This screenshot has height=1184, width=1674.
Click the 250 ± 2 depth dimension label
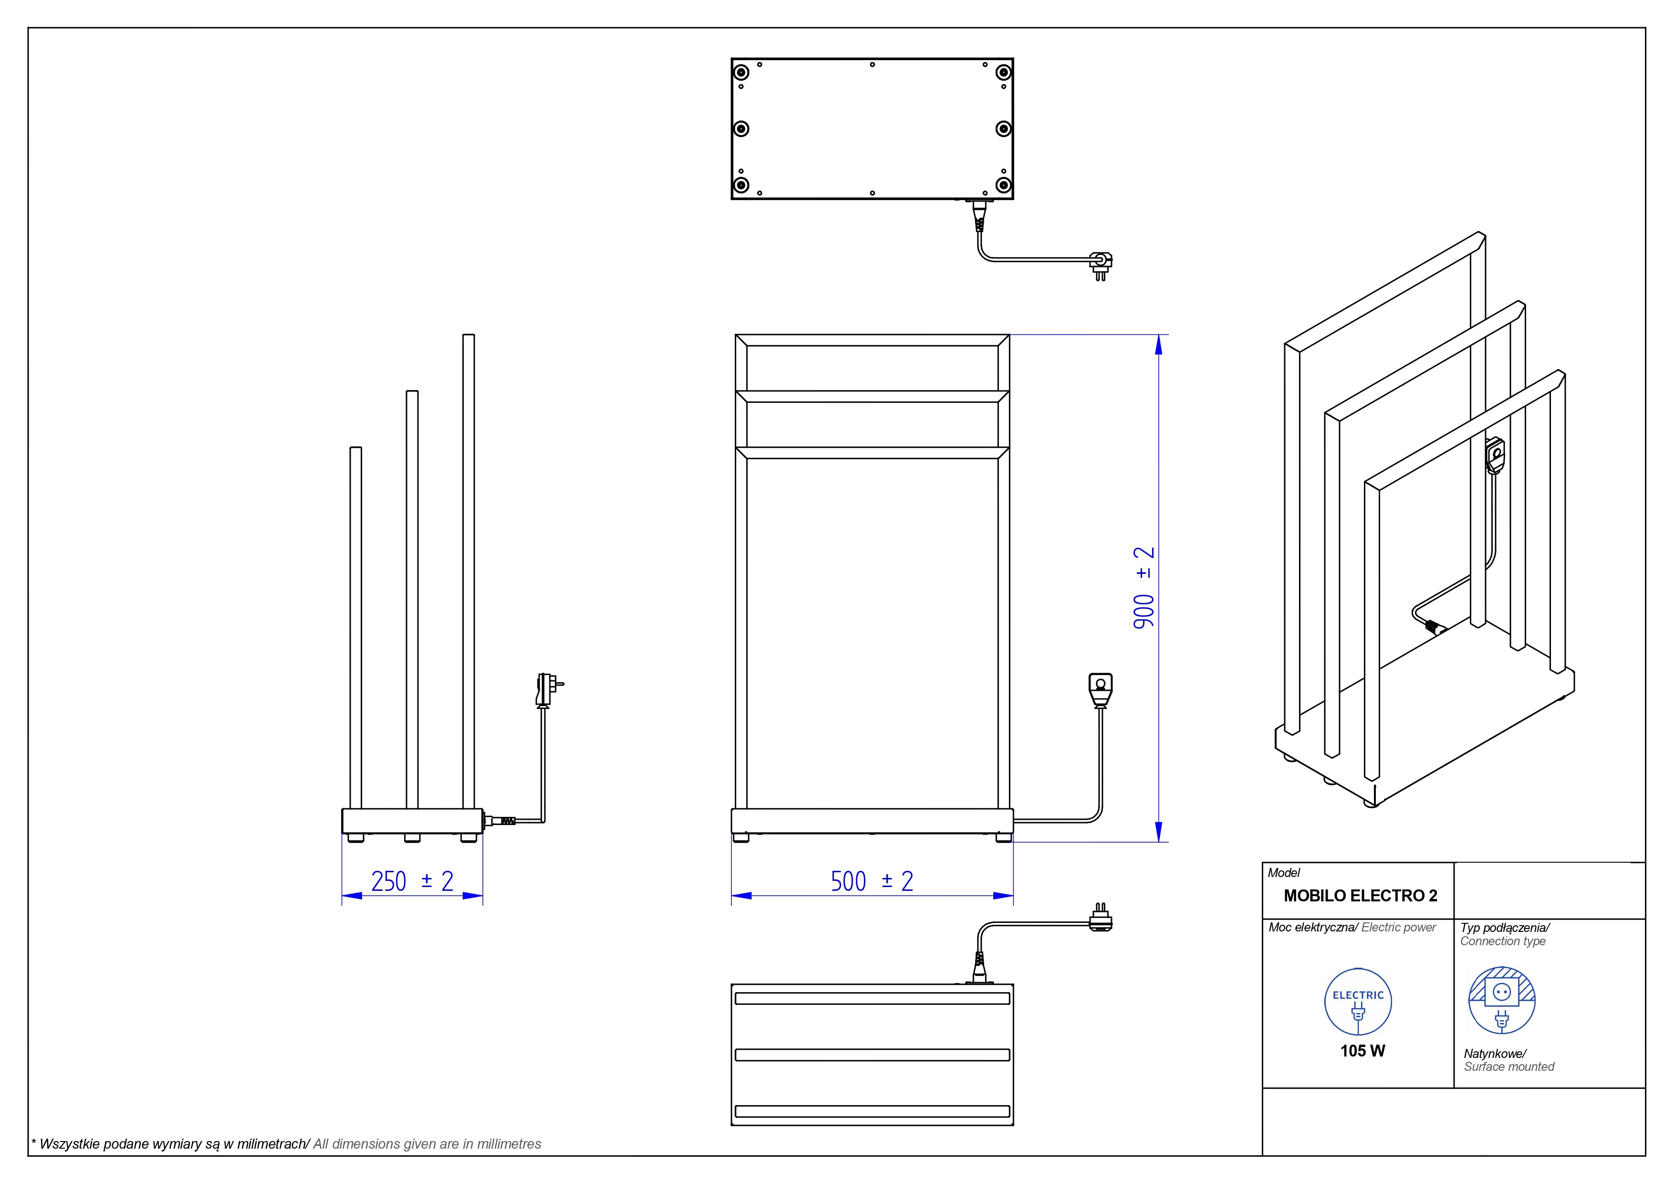[412, 881]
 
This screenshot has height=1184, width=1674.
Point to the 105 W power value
[1362, 1050]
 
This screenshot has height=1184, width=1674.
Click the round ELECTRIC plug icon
[1358, 1002]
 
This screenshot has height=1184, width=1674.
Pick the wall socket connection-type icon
[1501, 1000]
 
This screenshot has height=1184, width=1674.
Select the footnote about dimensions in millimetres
[286, 1144]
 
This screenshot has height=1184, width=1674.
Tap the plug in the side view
[547, 689]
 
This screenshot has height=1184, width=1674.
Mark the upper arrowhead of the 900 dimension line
[1158, 344]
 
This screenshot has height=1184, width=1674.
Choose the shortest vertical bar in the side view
[356, 627]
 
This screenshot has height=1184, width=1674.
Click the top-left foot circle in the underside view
[741, 72]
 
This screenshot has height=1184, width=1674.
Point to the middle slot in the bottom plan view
[872, 1055]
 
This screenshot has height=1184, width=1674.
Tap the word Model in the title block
[1283, 873]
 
